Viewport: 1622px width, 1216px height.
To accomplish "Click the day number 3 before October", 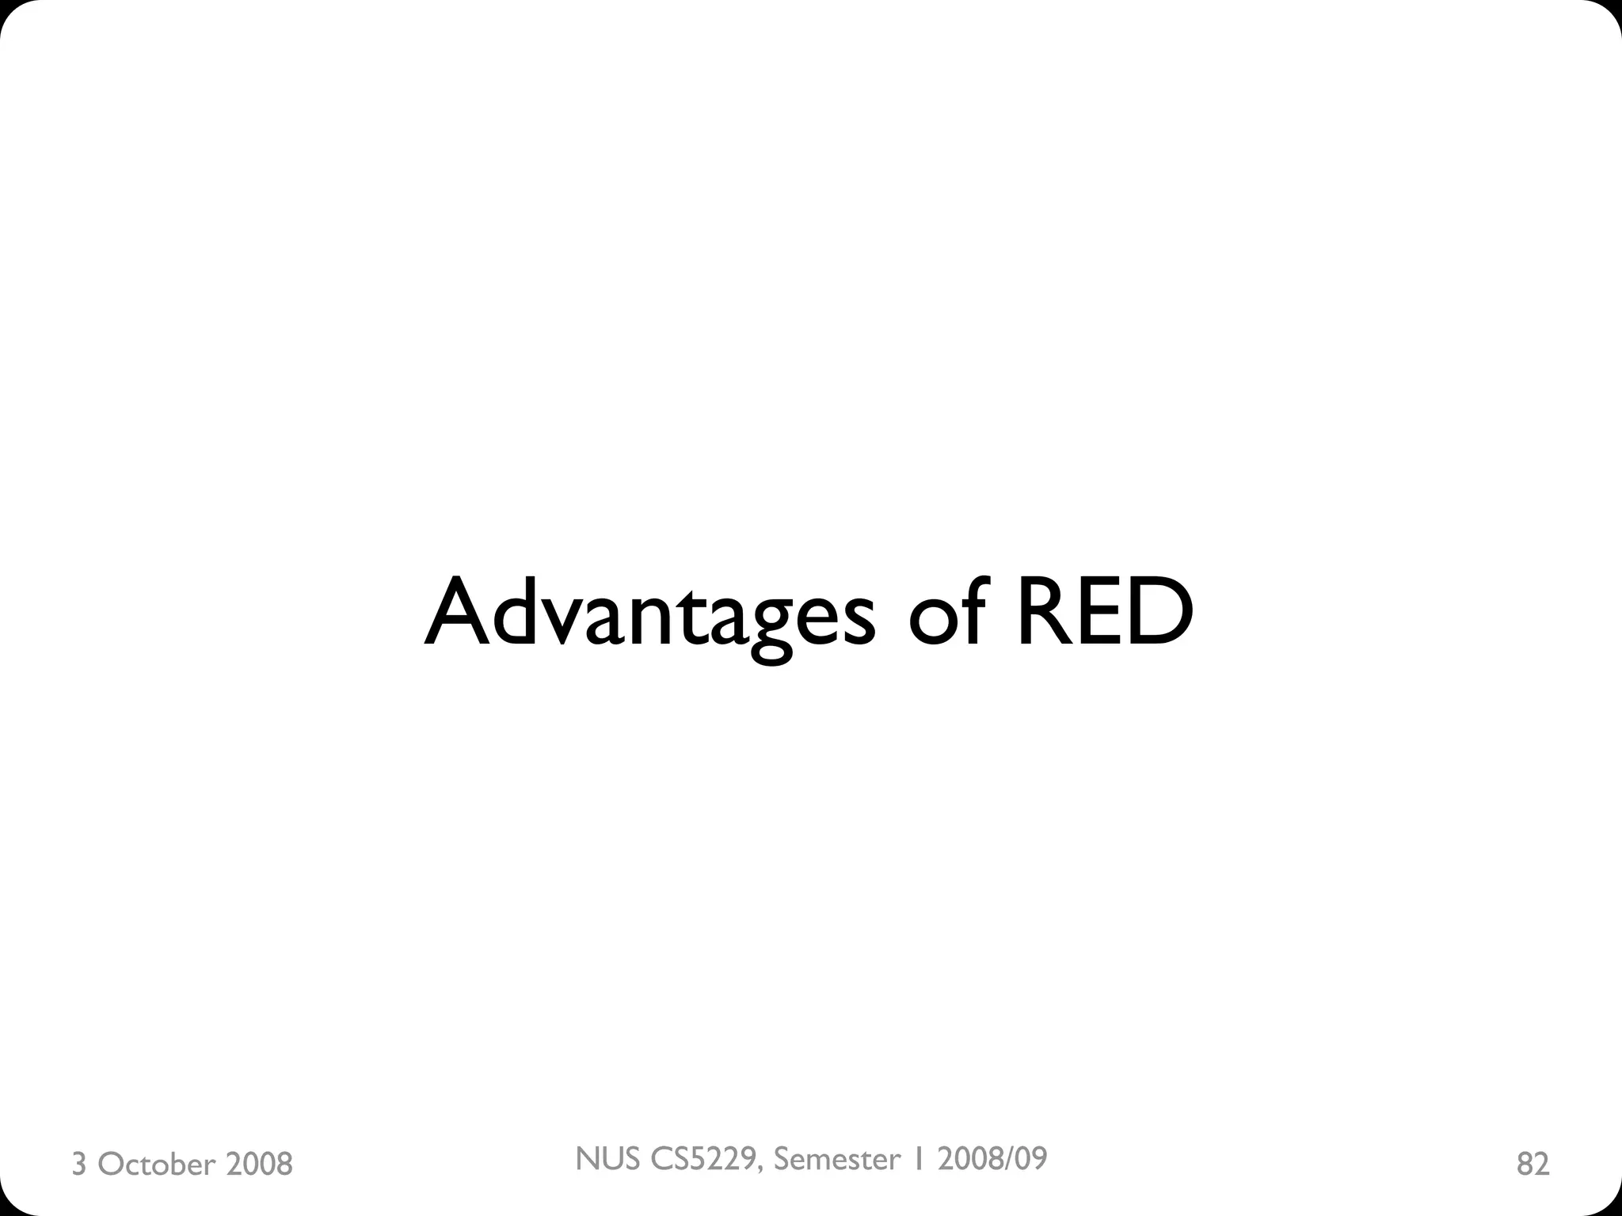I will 78,1165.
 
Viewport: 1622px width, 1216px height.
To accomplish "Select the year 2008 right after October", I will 259,1165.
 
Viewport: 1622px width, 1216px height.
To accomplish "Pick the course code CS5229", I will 706,1158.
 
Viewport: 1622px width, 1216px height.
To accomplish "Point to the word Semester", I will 837,1158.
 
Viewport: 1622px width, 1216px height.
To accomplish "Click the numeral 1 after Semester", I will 919,1158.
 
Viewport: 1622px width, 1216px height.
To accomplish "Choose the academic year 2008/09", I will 992,1158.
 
